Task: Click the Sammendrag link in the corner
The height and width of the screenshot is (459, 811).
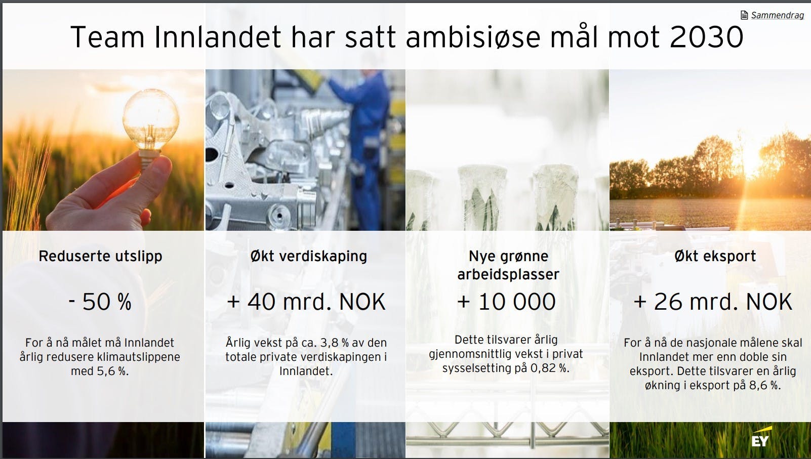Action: point(777,15)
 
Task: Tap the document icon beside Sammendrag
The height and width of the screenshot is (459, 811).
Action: point(744,15)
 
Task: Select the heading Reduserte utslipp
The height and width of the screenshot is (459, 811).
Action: point(100,256)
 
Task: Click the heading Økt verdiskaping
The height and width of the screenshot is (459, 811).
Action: point(308,256)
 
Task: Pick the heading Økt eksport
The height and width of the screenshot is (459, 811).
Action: point(715,256)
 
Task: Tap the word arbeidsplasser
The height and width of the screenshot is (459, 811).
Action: point(508,274)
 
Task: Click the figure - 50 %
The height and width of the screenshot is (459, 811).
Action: point(100,302)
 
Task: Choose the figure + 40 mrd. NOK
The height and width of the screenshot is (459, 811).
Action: point(306,302)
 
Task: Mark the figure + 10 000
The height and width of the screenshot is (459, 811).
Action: point(506,302)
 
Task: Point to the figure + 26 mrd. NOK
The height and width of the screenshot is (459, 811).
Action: point(713,302)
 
